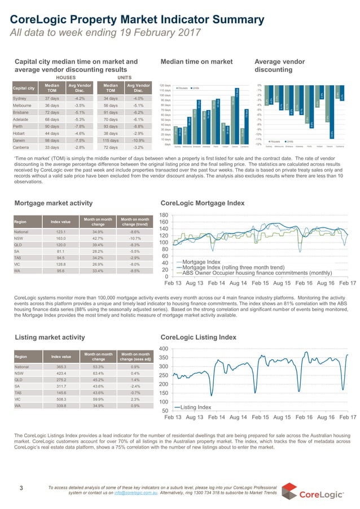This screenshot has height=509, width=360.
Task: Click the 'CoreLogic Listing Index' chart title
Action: coord(198,337)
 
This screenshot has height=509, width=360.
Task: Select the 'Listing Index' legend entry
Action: coord(196,407)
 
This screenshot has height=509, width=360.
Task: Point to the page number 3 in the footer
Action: coord(21,488)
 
